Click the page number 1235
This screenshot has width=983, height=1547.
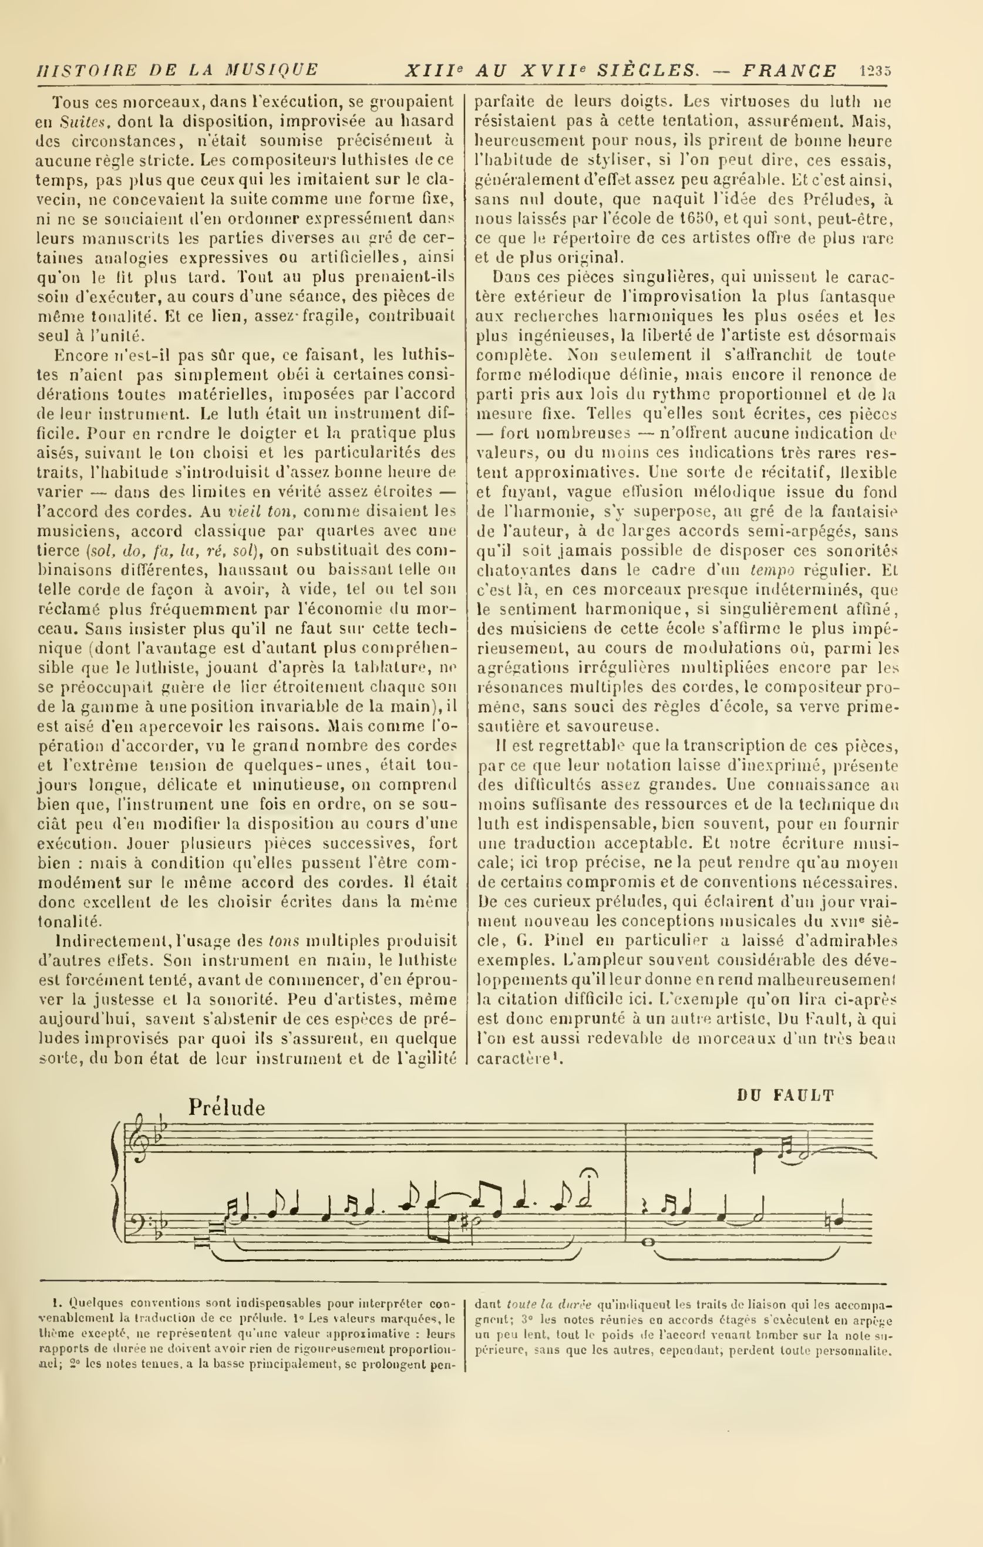(x=874, y=70)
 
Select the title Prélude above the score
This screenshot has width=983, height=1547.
(x=226, y=1108)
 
